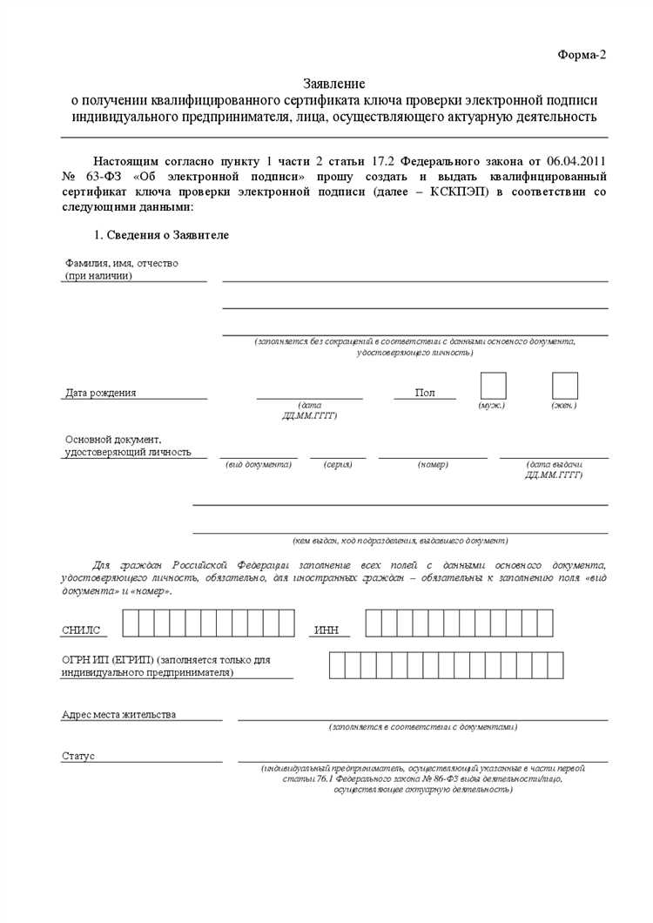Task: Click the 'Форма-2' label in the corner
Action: pos(581,55)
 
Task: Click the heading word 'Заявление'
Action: pos(334,84)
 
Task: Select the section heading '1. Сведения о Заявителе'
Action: pos(161,235)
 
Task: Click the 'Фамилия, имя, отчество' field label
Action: pos(121,262)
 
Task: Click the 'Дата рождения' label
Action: pos(100,393)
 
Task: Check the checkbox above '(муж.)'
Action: pos(493,386)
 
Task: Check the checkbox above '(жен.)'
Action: pos(565,386)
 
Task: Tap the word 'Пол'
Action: pos(425,393)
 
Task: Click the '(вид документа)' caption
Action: pos(259,465)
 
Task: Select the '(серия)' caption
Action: pos(338,465)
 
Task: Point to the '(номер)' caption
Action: pos(433,465)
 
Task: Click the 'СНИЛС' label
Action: pos(81,630)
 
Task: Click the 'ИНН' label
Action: pos(326,630)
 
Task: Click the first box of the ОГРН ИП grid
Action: pos(337,664)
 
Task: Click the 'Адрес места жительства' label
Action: pos(118,714)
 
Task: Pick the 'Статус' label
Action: pos(78,756)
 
